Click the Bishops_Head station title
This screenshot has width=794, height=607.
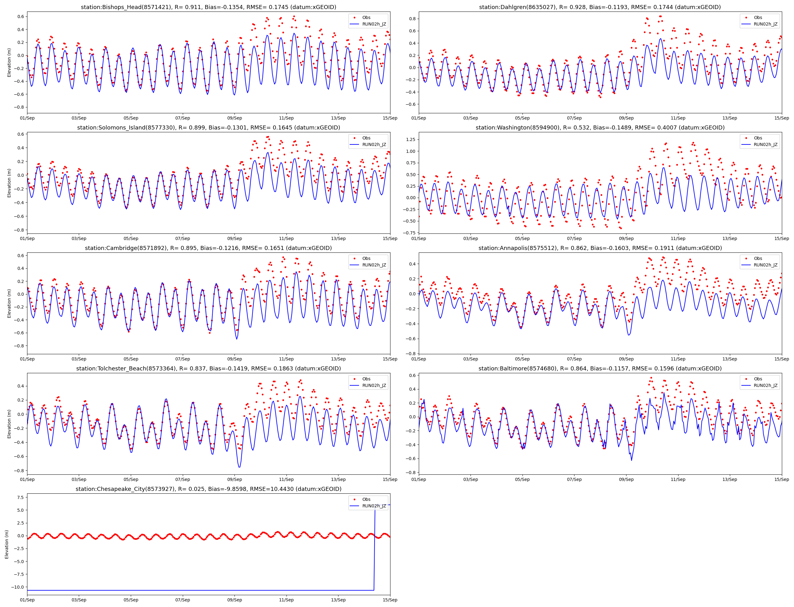point(208,7)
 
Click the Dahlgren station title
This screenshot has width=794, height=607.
point(600,7)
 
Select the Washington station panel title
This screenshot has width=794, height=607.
point(600,128)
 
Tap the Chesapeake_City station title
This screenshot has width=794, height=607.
point(208,489)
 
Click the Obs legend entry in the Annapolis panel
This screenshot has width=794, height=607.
point(758,258)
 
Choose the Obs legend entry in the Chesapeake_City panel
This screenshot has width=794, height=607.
point(366,499)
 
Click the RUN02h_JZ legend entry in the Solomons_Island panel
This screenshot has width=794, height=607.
point(374,144)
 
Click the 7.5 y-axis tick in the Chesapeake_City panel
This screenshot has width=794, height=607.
point(20,497)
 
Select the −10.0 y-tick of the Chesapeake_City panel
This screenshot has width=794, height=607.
point(17,587)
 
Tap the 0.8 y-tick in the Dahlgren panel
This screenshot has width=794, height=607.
point(412,19)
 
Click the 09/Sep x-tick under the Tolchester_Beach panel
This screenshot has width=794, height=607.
point(234,479)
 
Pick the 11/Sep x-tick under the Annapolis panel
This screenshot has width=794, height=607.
point(678,359)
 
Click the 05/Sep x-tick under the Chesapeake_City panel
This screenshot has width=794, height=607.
point(131,600)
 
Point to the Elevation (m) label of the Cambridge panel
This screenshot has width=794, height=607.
point(9,303)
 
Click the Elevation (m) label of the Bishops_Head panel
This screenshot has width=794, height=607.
point(9,63)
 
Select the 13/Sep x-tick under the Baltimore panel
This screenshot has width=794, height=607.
point(729,479)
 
